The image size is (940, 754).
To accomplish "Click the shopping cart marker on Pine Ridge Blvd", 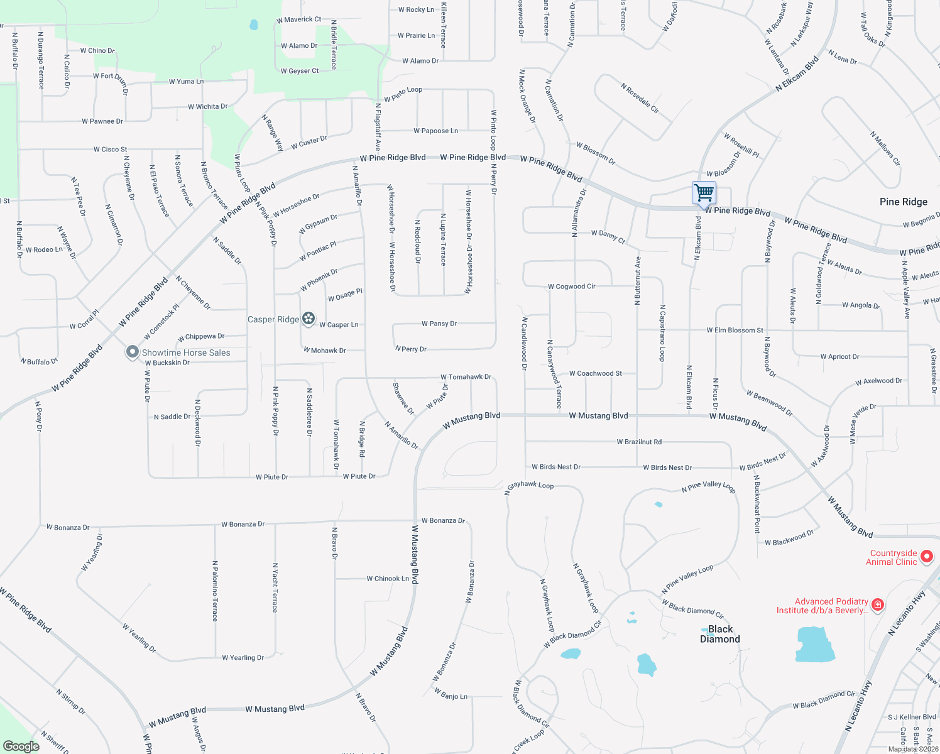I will pyautogui.click(x=704, y=192).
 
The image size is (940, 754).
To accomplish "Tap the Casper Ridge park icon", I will pyautogui.click(x=308, y=319).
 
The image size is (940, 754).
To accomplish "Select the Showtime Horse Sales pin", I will pyautogui.click(x=132, y=352).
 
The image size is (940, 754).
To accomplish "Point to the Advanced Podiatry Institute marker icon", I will pyautogui.click(x=878, y=605).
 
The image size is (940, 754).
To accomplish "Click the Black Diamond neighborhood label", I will pyautogui.click(x=720, y=634).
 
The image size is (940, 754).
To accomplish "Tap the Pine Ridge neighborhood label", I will pyautogui.click(x=903, y=202).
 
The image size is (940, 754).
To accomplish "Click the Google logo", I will pyautogui.click(x=21, y=746).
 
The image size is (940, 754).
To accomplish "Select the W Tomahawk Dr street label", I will pyautogui.click(x=466, y=377).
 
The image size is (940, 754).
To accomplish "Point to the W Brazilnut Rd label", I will pyautogui.click(x=639, y=442).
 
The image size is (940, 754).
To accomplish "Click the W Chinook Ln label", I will pyautogui.click(x=388, y=579).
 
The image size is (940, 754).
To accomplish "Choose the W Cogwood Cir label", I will pyautogui.click(x=571, y=287).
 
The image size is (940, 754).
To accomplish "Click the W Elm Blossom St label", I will pyautogui.click(x=735, y=330).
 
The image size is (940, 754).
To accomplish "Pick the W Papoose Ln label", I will pyautogui.click(x=435, y=131).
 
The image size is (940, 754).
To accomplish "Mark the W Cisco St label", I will pyautogui.click(x=110, y=150).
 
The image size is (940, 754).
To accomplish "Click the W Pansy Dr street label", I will pyautogui.click(x=439, y=324).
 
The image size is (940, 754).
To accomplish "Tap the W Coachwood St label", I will pyautogui.click(x=595, y=373).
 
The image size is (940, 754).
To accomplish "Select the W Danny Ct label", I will pyautogui.click(x=608, y=236).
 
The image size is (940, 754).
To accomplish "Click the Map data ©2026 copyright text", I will pyautogui.click(x=913, y=749).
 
